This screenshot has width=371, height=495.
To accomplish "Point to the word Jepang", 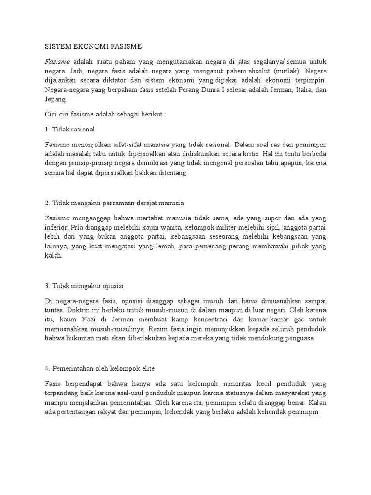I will [57, 99].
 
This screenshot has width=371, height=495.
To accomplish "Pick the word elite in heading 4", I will [146, 368].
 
